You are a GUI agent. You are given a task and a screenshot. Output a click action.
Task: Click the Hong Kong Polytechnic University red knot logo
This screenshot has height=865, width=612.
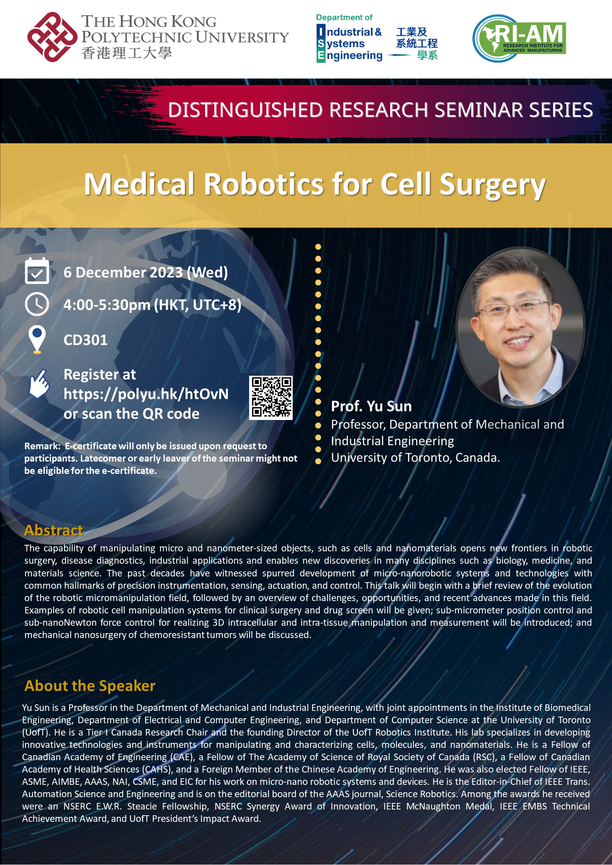tap(52, 37)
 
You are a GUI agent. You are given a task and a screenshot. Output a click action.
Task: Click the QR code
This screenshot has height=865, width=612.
tap(271, 397)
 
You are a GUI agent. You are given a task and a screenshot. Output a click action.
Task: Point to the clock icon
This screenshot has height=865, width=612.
tap(37, 304)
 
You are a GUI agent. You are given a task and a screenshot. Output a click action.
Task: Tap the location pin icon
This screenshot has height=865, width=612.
tap(37, 339)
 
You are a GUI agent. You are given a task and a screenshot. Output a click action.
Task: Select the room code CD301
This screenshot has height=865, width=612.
tap(86, 340)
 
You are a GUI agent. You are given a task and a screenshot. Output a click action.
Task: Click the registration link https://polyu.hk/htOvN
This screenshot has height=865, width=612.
tap(146, 394)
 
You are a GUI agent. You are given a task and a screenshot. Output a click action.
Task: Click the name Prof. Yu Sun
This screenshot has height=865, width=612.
tap(371, 406)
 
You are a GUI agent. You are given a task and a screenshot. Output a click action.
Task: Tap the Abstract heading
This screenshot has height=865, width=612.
tap(54, 530)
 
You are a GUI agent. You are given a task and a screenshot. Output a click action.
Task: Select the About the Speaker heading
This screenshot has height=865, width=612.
tap(90, 685)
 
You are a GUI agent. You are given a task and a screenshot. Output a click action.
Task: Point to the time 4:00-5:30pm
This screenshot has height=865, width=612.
tap(107, 305)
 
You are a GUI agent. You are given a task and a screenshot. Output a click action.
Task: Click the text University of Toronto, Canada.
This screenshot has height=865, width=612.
tap(415, 457)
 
